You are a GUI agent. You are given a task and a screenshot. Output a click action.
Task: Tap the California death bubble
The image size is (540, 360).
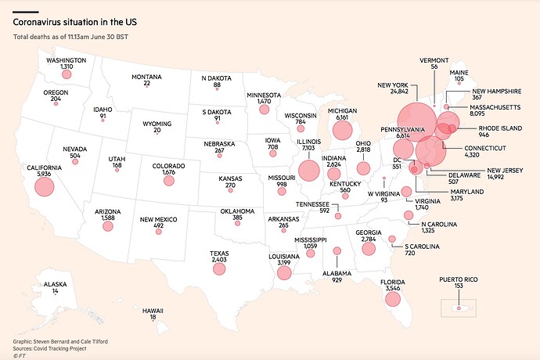(x=44, y=186)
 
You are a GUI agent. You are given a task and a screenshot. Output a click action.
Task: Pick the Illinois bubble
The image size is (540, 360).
(x=308, y=170)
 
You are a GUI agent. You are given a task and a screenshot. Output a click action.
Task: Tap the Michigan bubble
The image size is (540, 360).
(x=342, y=130)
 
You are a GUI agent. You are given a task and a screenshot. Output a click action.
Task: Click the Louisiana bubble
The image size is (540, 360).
(x=283, y=272)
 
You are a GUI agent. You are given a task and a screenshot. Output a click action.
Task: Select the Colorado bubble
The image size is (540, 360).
(x=168, y=181)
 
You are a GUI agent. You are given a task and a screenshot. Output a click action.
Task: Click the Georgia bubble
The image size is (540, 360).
(x=366, y=248)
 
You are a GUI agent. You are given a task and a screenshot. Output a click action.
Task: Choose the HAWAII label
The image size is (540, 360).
(x=153, y=311)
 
